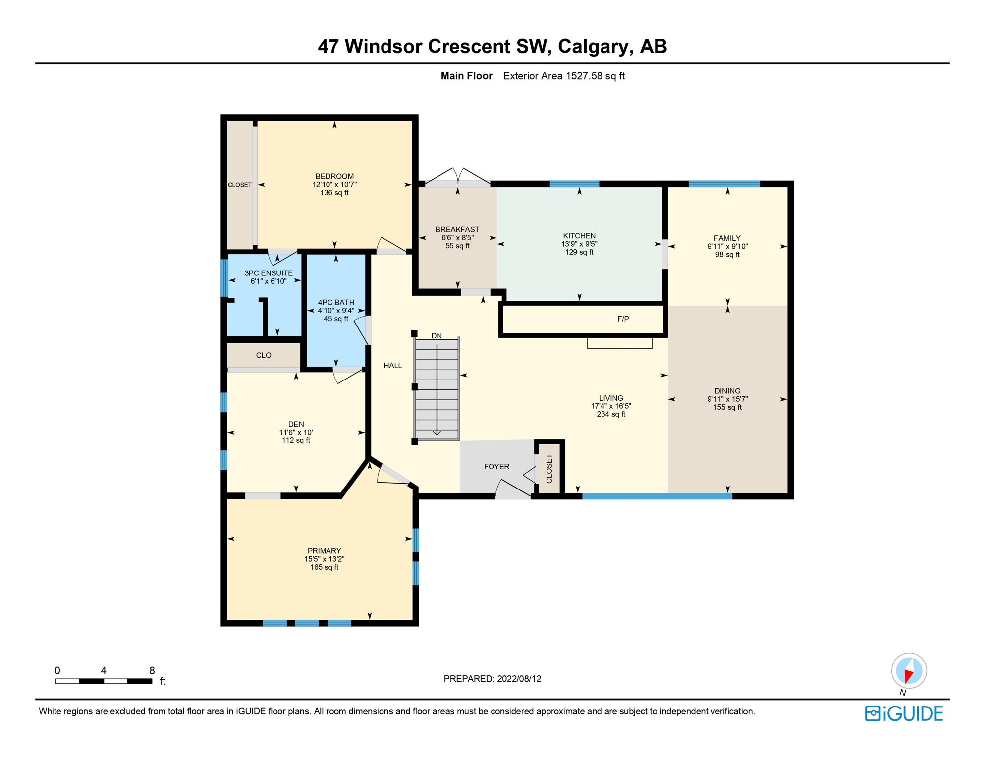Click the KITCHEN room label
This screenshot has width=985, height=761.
tap(579, 236)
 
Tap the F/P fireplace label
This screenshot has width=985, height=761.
tap(623, 319)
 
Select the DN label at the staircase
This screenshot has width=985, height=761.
tap(436, 336)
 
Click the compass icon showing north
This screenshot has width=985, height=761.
tap(908, 671)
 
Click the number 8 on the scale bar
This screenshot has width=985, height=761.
tap(152, 670)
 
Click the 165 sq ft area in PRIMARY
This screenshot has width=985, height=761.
tap(324, 567)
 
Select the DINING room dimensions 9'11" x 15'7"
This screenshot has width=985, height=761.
tap(727, 399)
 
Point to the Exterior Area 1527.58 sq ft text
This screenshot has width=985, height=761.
tap(563, 76)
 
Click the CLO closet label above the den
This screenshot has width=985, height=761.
tap(264, 355)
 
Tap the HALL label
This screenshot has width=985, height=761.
tap(392, 366)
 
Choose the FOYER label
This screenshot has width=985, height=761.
tap(496, 467)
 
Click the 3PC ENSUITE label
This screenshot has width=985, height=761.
tap(269, 273)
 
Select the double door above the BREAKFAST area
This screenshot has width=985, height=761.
tap(457, 177)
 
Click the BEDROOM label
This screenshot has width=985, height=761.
tap(334, 176)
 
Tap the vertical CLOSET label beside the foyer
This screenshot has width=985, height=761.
tap(549, 469)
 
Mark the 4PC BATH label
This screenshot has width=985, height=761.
tap(336, 302)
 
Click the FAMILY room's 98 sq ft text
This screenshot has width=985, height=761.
tap(727, 255)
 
